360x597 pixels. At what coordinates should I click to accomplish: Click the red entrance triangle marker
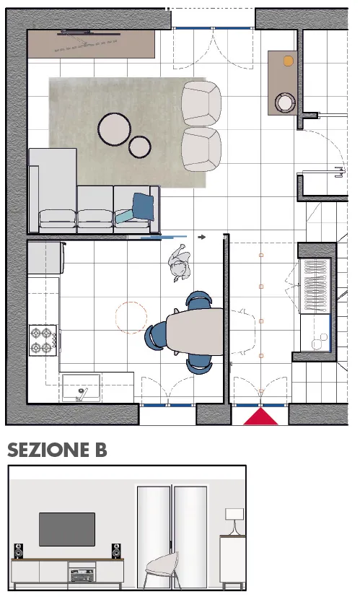tap(260, 417)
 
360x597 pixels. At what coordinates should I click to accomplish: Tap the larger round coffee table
tap(115, 129)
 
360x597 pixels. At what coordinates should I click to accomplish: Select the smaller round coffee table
tap(140, 147)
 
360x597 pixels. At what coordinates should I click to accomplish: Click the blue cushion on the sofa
tap(143, 206)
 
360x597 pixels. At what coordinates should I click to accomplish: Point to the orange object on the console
tap(288, 61)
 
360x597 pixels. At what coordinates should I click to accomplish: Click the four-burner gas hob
tap(43, 341)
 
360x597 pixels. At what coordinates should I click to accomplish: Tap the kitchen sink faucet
tap(81, 394)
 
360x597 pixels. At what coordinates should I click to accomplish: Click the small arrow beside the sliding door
tap(202, 238)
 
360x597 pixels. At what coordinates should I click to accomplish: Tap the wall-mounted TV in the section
tap(67, 529)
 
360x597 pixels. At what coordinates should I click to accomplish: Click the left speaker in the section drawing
tap(18, 551)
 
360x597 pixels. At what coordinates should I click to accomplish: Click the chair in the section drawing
tap(162, 570)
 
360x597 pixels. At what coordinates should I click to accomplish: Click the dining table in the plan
tap(195, 331)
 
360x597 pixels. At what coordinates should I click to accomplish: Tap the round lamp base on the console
tap(285, 103)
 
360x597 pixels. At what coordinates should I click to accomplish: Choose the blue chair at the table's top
tap(198, 300)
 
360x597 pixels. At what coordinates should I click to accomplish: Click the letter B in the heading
tap(101, 450)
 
